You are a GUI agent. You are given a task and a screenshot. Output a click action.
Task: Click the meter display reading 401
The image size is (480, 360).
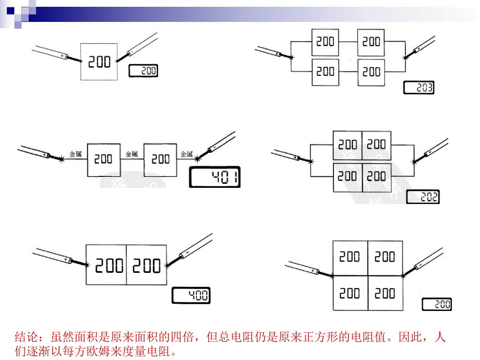pos(214,179)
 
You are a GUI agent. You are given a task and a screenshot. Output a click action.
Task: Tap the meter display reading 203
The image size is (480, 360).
pos(418,88)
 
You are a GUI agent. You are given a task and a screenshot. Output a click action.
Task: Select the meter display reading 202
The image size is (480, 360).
pos(423,197)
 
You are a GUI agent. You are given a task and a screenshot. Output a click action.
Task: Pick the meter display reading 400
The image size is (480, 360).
pos(191,296)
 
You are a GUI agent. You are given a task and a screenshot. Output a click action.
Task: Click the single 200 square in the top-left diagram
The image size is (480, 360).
pos(99,62)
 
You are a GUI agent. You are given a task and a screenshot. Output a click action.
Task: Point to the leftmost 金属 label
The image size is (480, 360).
pos(75,154)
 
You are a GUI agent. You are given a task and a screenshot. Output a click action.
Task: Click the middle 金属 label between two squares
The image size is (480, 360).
pos(131,154)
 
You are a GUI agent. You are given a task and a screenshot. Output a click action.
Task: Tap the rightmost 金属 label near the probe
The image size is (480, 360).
pos(186,154)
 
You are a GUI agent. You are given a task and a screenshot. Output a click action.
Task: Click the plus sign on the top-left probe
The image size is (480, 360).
pos(62,55)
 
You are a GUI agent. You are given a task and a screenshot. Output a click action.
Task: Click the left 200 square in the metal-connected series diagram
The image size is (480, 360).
pos(104,159)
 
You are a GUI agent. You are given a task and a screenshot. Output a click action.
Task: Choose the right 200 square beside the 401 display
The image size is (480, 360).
pos(161,159)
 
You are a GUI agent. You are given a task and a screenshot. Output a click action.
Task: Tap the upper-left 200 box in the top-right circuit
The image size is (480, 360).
pos(326,42)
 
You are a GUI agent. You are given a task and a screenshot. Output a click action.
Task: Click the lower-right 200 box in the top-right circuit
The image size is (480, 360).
pos(371,72)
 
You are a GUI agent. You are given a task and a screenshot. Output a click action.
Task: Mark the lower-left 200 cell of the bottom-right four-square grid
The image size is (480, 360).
pos(350,293)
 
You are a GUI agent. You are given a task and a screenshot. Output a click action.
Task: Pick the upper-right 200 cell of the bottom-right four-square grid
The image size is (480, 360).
pos(385,257)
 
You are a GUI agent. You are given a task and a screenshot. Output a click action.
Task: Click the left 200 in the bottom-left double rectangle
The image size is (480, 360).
pos(106,266)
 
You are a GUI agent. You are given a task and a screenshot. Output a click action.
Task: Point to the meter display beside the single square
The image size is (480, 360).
pos(143,71)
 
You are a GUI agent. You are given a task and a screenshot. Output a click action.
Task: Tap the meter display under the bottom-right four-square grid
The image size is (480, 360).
pos(436,304)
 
